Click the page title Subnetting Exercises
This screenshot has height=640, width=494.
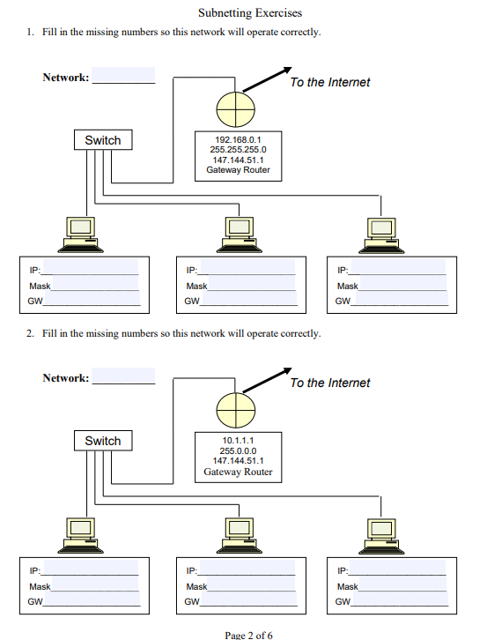coord(249,13)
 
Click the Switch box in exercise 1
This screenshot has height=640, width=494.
coord(102,140)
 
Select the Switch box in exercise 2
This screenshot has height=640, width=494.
coord(102,441)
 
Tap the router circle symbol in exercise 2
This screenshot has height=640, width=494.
coord(235,411)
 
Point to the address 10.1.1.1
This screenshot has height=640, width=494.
coord(238,440)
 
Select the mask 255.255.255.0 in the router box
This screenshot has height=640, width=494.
coord(238,150)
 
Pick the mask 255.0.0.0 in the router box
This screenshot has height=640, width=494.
coord(238,450)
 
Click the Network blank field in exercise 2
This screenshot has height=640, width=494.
coord(123,377)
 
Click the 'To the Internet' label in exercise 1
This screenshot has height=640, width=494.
coord(330,82)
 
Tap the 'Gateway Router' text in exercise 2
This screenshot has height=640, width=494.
coord(238,472)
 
